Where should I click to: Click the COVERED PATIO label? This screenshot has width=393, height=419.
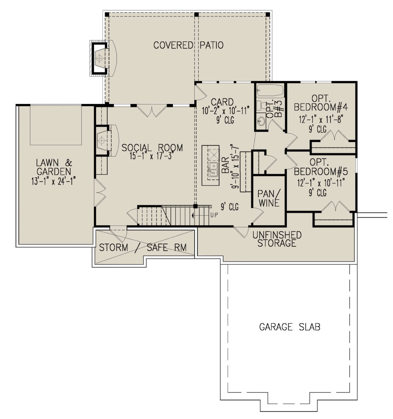[188, 45]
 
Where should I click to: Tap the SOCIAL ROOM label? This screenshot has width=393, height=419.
[152, 148]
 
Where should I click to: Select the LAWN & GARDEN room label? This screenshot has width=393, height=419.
[54, 167]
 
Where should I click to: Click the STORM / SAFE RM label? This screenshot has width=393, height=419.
[143, 247]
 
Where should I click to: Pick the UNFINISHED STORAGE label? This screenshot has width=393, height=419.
[277, 239]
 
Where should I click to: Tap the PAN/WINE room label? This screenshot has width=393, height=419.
[269, 198]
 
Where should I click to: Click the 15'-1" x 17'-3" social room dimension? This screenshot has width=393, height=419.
[152, 156]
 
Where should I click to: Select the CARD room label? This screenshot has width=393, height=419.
[222, 101]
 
